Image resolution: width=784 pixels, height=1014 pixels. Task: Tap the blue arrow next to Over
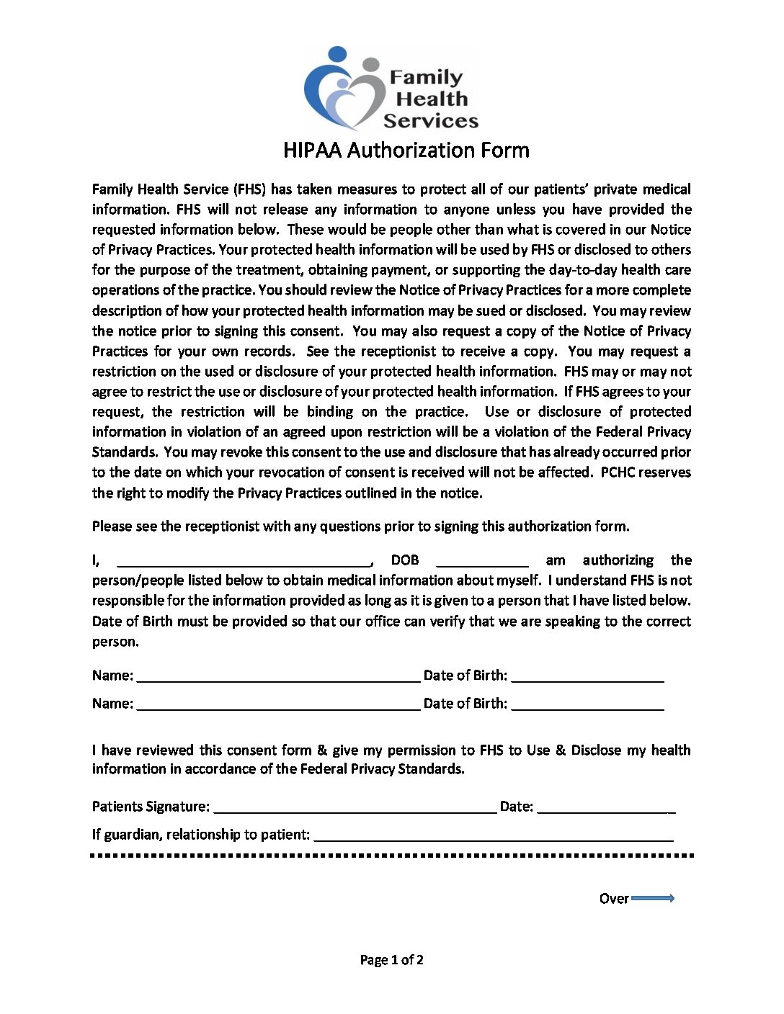[653, 898]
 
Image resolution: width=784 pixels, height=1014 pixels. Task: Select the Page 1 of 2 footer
[391, 959]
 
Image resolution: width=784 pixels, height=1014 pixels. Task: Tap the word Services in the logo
[431, 120]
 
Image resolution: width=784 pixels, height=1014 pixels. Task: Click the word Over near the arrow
[614, 898]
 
